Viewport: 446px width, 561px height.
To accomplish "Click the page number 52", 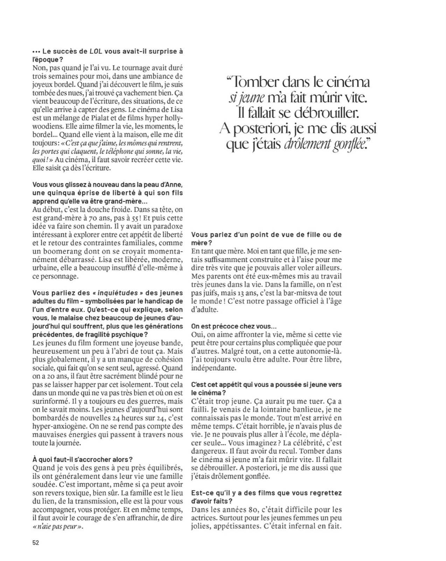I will point(35,542).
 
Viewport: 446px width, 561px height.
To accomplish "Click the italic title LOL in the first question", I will point(95,51).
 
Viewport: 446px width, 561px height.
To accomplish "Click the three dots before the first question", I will point(36,51).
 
